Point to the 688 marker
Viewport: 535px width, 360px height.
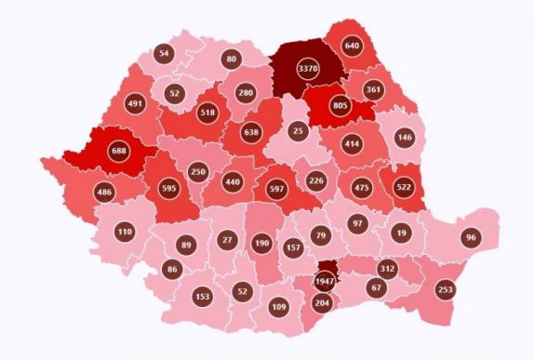pyautogui.click(x=118, y=150)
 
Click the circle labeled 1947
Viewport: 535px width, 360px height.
pyautogui.click(x=325, y=280)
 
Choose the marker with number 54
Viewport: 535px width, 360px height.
pyautogui.click(x=165, y=54)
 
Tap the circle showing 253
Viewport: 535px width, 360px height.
pyautogui.click(x=446, y=289)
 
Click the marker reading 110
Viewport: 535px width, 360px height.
pyautogui.click(x=125, y=230)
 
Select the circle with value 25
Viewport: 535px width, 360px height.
pyautogui.click(x=297, y=132)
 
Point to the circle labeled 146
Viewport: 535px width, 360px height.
pyautogui.click(x=406, y=136)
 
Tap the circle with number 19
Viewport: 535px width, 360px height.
pyautogui.click(x=401, y=233)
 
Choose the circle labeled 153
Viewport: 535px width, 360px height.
pyautogui.click(x=202, y=296)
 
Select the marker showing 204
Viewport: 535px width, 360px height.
pyautogui.click(x=322, y=302)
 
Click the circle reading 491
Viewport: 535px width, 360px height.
pyautogui.click(x=134, y=104)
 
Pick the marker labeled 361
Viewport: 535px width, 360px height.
pyautogui.click(x=374, y=90)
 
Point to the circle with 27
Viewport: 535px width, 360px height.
pyautogui.click(x=227, y=240)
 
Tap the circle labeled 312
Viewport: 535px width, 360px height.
pyautogui.click(x=388, y=269)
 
